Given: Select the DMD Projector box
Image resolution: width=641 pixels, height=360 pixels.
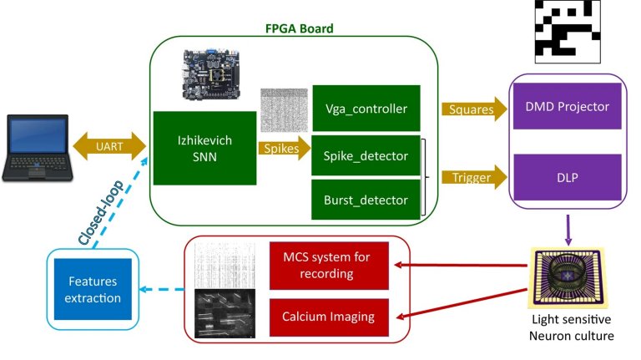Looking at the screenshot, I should click(x=568, y=108).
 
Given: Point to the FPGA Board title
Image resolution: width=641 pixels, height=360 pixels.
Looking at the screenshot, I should click(x=298, y=28).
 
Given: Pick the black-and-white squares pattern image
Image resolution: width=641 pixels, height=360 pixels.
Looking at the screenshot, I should click(x=568, y=32).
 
